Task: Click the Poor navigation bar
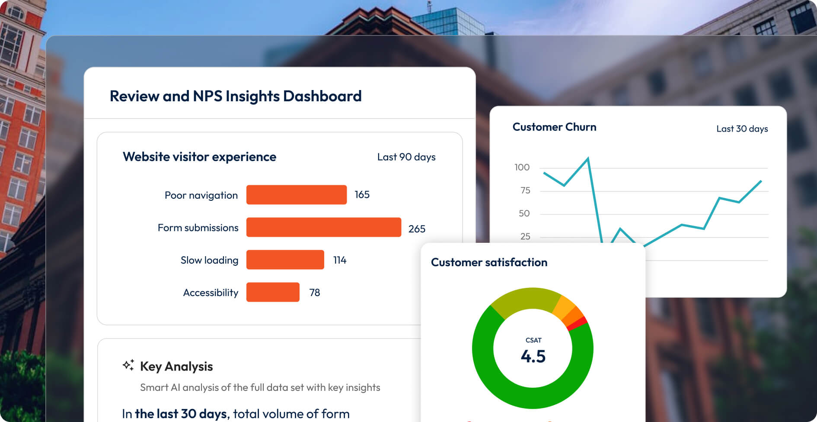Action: coord(297,195)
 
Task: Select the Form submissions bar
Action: coord(323,227)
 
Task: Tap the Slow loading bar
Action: coord(285,260)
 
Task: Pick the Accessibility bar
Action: coord(273,292)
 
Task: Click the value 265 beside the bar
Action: coord(417,229)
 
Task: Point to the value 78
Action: coord(315,293)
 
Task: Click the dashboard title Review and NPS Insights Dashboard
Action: coord(236,96)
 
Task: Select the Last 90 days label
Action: coord(406,157)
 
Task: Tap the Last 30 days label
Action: coord(742,129)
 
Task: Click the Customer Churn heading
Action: coord(554,127)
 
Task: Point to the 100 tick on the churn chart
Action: coord(522,168)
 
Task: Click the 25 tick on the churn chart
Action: coord(525,236)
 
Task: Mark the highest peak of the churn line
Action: coord(588,159)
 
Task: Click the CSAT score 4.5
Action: coord(533,356)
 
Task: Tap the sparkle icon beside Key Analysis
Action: coord(128,365)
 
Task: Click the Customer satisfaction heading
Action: coord(489,262)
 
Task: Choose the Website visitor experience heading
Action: coord(199,157)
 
